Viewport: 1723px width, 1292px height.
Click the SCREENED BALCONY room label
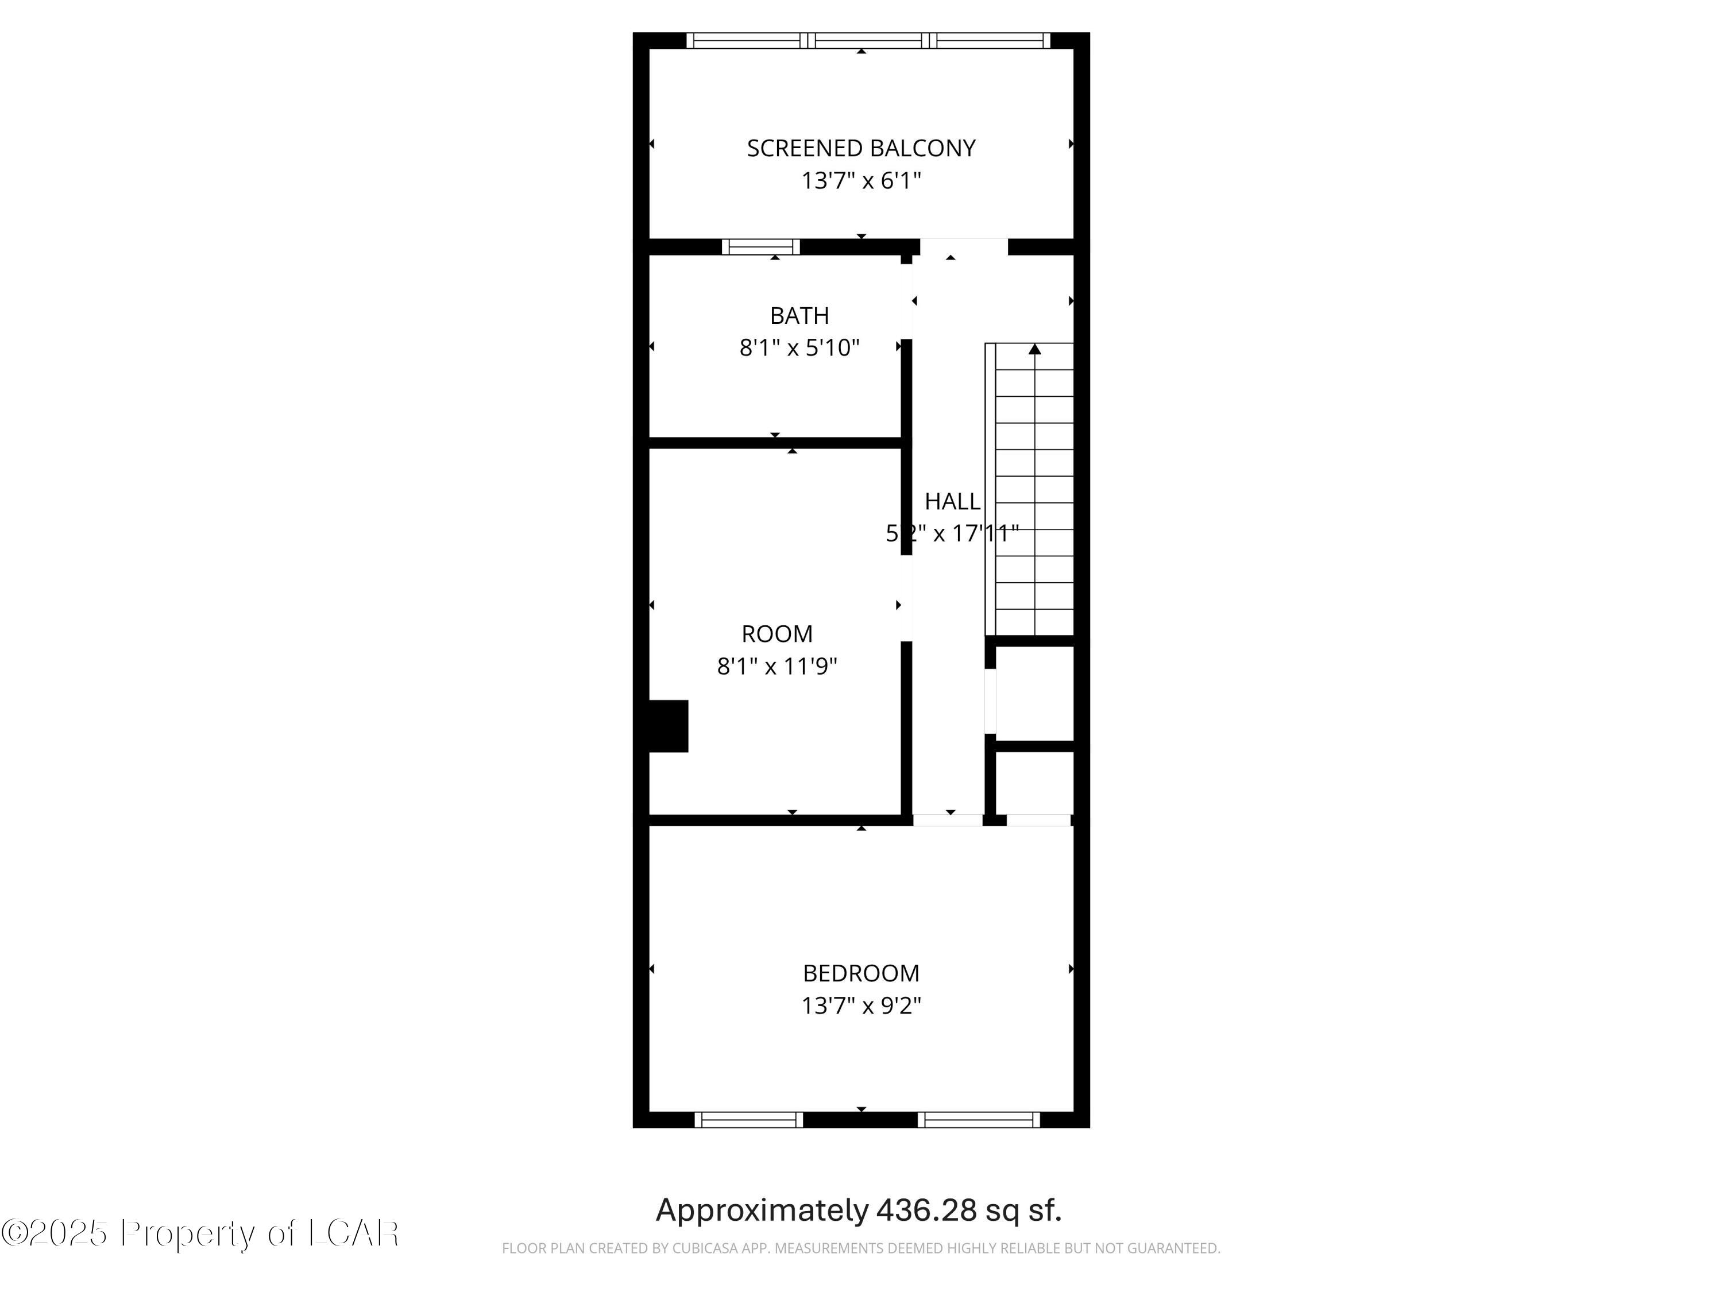tap(861, 148)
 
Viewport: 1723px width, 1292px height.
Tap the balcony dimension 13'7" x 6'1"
tap(861, 181)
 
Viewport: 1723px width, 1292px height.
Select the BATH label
tap(799, 315)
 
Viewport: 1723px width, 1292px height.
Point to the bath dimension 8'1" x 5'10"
tap(799, 347)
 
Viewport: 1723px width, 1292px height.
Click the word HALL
tap(952, 501)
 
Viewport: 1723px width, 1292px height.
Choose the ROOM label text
tap(776, 634)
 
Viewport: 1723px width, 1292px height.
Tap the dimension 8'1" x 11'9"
tap(776, 667)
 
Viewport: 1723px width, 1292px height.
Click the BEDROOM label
tap(861, 973)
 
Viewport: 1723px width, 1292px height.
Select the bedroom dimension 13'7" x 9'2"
tap(861, 1005)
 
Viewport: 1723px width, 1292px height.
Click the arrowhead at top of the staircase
tap(1034, 350)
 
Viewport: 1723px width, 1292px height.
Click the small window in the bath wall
tap(760, 247)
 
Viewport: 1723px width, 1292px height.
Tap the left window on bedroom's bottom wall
tap(748, 1120)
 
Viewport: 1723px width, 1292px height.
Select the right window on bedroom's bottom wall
tap(978, 1120)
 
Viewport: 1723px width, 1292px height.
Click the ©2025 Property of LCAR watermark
tap(200, 1233)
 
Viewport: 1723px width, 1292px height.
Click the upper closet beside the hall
tap(1034, 693)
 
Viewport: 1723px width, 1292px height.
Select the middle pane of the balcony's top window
tap(868, 41)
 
